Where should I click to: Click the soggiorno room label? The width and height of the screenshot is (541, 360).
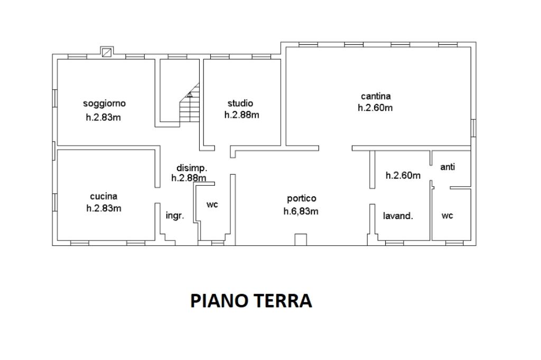tap(104, 103)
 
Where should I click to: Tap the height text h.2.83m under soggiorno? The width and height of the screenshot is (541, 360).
tap(103, 117)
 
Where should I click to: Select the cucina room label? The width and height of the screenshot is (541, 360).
tap(104, 196)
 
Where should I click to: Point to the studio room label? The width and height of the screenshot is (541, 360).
tap(240, 103)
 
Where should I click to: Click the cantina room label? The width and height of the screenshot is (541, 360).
tap(376, 96)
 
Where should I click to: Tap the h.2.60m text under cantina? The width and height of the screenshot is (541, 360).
tap(375, 108)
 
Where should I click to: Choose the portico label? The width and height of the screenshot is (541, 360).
tap(302, 198)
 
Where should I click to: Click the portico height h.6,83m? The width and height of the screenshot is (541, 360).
tap(301, 211)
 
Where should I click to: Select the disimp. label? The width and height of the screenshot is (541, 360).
tap(192, 168)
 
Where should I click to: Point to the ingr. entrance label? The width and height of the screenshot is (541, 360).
tap(175, 216)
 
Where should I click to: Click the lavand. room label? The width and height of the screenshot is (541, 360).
tap(398, 216)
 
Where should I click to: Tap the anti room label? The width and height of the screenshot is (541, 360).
tap(447, 167)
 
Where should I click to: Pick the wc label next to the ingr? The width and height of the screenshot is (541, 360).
tap(212, 205)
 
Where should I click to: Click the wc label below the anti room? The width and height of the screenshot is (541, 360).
tap(447, 216)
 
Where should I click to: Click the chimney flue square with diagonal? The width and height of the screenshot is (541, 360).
tap(107, 52)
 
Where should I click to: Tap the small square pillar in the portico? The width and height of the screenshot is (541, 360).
tap(301, 240)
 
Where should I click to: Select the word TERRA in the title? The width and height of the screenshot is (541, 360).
tap(283, 301)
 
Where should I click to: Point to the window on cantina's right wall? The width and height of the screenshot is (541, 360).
tap(474, 128)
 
